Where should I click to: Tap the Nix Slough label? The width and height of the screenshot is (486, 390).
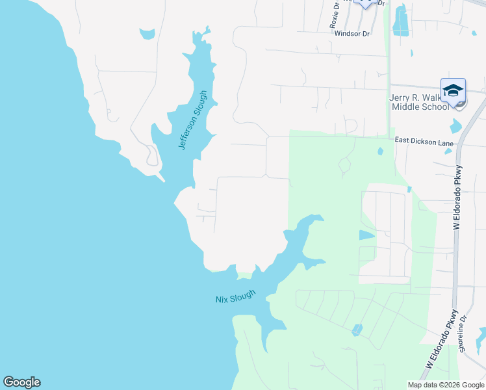click(x=236, y=296)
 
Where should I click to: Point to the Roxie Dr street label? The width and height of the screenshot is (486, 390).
click(x=335, y=14)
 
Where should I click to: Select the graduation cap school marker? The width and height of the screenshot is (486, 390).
click(x=453, y=90)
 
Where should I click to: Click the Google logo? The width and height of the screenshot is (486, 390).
click(x=21, y=382)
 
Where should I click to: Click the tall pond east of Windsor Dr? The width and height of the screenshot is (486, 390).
click(x=400, y=20)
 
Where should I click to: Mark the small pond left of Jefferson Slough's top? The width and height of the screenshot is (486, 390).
click(x=147, y=32)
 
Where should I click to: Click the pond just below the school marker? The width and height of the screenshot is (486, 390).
click(x=455, y=125)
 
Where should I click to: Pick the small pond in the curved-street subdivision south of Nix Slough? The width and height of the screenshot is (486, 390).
click(x=357, y=330)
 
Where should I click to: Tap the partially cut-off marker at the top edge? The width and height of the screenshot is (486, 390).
click(x=366, y=3)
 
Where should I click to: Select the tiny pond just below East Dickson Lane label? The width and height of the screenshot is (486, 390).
click(x=448, y=151)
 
